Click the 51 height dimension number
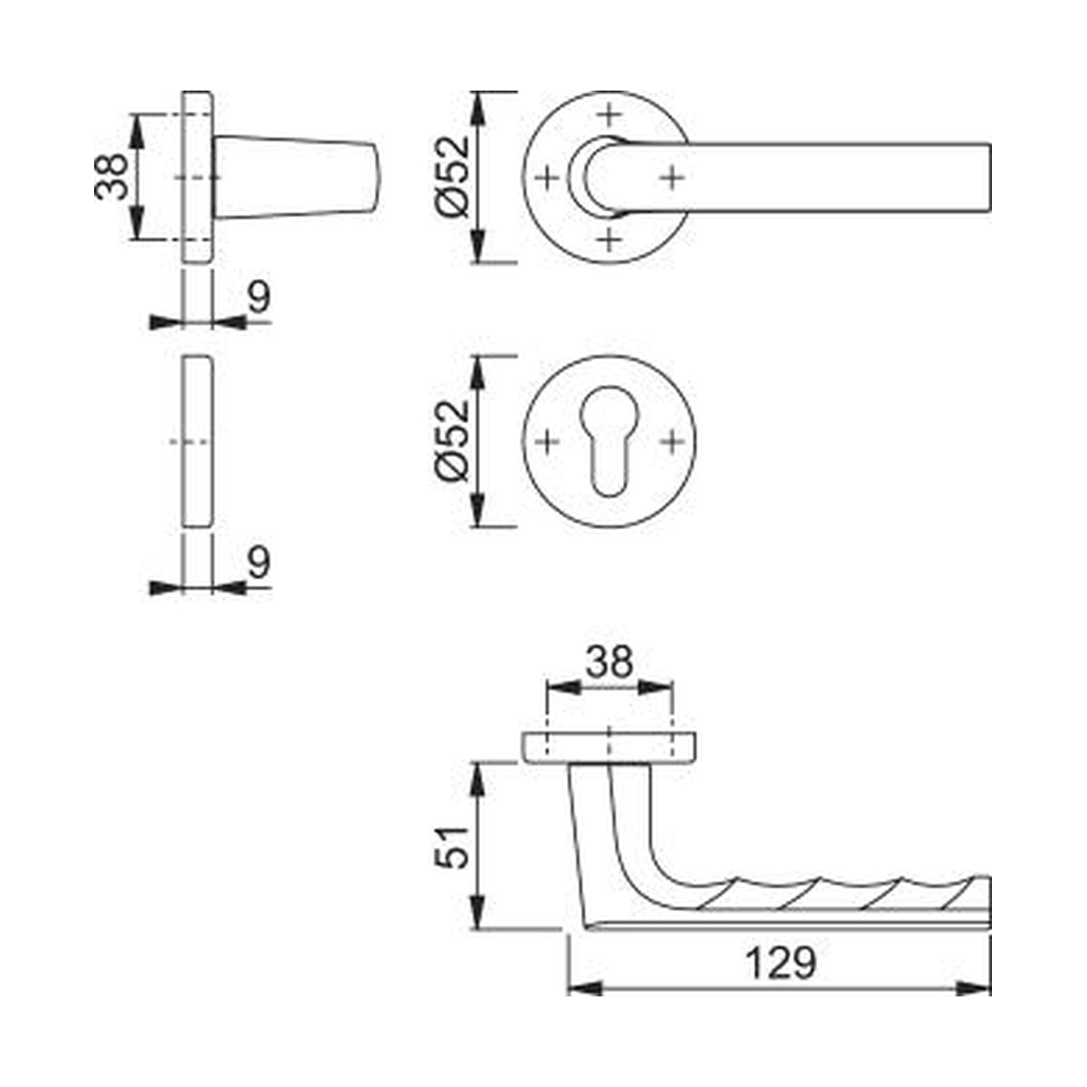(452, 848)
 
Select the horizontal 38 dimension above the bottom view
(610, 662)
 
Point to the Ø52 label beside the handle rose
(452, 177)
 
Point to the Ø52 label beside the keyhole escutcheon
(452, 440)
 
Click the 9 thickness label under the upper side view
(260, 297)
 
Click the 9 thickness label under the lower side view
(260, 563)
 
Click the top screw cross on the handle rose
(610, 116)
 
